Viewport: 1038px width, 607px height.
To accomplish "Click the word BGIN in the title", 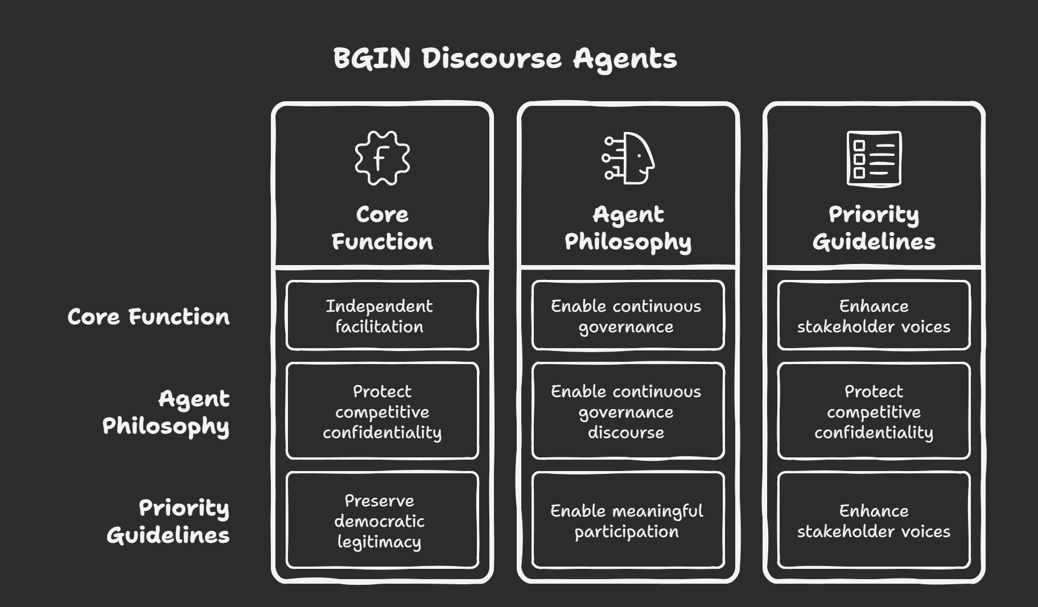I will [372, 58].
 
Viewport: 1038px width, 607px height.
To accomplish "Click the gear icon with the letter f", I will [382, 158].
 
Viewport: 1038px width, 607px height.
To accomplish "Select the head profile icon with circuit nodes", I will [628, 158].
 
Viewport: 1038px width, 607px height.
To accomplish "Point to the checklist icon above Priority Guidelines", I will [874, 158].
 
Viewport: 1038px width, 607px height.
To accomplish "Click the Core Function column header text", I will [382, 228].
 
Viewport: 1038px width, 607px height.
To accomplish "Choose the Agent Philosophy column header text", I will [628, 228].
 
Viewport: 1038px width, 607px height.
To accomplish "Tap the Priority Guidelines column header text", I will [874, 228].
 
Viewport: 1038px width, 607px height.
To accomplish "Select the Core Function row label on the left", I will [149, 317].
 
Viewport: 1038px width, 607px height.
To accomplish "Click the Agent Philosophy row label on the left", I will [166, 412].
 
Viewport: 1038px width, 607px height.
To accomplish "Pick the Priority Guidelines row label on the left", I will [168, 521].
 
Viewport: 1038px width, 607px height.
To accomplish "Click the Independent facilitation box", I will [382, 316].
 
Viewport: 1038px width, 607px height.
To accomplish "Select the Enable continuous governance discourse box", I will [628, 411].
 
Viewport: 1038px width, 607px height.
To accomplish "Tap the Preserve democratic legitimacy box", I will [382, 521].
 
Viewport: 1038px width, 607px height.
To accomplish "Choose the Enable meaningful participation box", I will [628, 521].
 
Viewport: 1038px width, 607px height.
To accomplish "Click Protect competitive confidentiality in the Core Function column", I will [382, 411].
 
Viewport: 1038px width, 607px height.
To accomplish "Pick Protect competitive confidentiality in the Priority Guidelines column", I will [874, 411].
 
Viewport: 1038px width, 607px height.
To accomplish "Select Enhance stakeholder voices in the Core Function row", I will [874, 316].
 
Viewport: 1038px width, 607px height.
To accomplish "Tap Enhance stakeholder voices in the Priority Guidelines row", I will [874, 521].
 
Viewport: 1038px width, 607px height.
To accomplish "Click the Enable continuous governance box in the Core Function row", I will [628, 316].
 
